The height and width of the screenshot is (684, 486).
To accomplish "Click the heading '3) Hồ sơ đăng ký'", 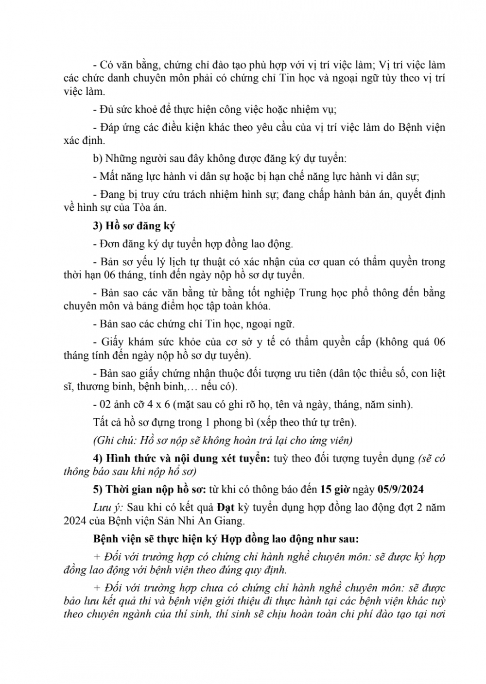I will (134, 226).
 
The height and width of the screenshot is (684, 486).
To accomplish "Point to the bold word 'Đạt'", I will (226, 508).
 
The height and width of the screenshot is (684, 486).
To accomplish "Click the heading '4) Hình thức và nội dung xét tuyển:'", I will (182, 458).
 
